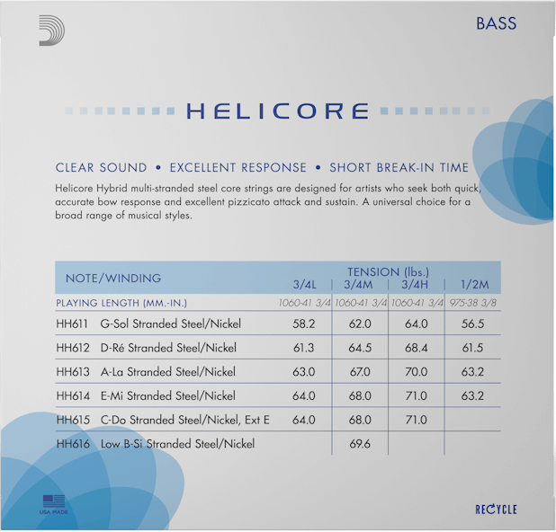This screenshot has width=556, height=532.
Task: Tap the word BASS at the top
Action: point(496,23)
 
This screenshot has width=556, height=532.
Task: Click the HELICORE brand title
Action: point(277,111)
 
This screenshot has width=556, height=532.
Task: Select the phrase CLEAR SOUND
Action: point(101,168)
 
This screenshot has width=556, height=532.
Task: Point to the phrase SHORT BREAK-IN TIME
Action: point(399,168)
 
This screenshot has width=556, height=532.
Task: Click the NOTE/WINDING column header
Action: point(108,278)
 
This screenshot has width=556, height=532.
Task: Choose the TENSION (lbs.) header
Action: point(388,271)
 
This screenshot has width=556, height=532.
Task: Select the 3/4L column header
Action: point(304,285)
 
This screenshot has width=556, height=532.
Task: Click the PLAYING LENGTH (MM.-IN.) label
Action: point(121,303)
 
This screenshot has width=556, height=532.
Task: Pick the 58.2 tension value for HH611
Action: point(303,324)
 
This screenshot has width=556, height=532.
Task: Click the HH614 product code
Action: point(72,395)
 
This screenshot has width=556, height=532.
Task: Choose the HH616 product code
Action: point(72,444)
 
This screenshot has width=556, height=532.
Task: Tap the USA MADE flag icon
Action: point(54,502)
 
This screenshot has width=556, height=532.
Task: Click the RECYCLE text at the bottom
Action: point(496,510)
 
